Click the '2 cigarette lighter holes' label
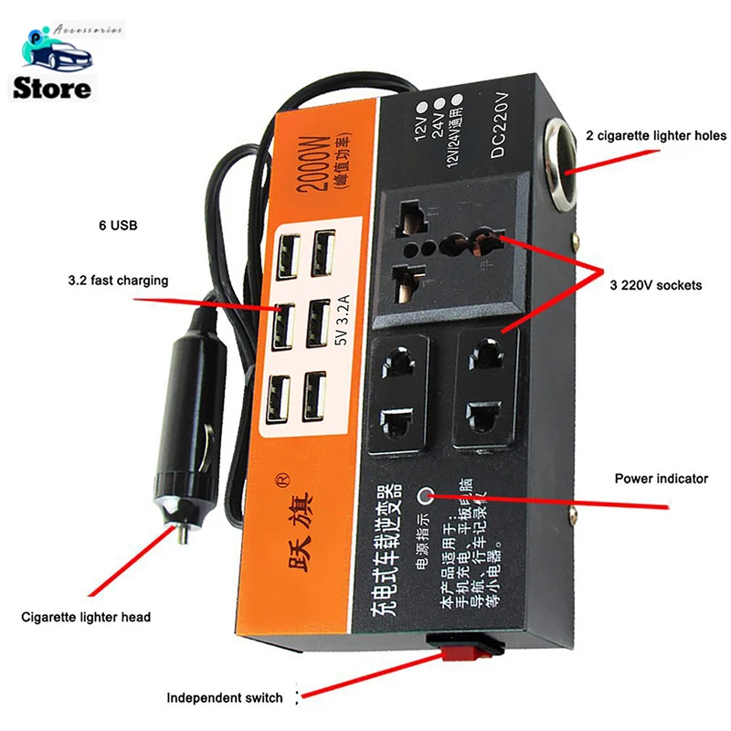[x=656, y=136]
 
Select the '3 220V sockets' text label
[x=655, y=285]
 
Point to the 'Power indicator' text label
[x=661, y=478]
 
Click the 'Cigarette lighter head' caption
[x=86, y=617]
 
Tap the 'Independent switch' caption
[x=225, y=698]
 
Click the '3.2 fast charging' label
[x=118, y=281]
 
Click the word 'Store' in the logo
[x=53, y=88]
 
